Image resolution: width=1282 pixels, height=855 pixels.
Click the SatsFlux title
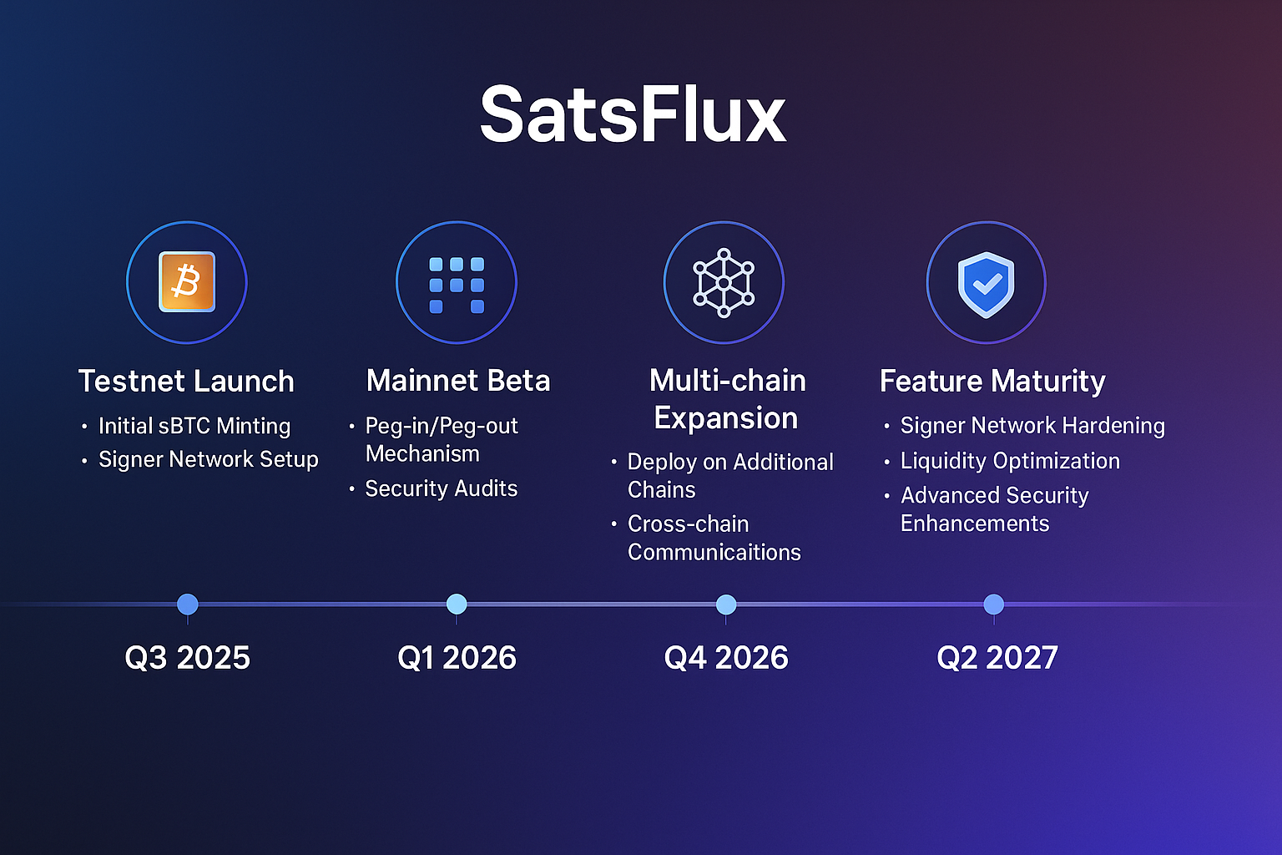[633, 114]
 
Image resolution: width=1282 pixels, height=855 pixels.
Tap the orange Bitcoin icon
[187, 282]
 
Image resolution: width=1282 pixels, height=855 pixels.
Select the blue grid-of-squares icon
[457, 284]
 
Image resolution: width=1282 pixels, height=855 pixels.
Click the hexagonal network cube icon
[724, 282]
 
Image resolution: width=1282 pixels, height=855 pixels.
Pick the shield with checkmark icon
[986, 284]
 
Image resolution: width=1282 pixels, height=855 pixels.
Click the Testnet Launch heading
[186, 382]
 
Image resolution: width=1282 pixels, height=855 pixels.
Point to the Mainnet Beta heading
[458, 381]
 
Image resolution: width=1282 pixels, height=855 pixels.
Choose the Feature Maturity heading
[992, 382]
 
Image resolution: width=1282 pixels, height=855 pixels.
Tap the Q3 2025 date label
[187, 658]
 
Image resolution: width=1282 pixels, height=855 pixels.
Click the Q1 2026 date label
[457, 658]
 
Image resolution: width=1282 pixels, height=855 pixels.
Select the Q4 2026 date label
[726, 658]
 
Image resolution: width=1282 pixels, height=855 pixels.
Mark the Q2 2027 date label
[997, 658]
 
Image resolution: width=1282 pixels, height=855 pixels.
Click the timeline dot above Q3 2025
[188, 604]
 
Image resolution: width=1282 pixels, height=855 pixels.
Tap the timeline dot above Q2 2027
[993, 604]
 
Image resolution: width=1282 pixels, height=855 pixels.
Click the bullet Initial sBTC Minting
[194, 426]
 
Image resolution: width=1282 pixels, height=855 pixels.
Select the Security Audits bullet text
[441, 488]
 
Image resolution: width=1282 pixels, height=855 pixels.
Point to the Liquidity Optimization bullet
[1010, 461]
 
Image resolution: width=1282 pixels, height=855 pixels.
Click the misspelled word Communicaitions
[714, 552]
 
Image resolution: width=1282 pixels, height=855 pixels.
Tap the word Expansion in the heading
[726, 418]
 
